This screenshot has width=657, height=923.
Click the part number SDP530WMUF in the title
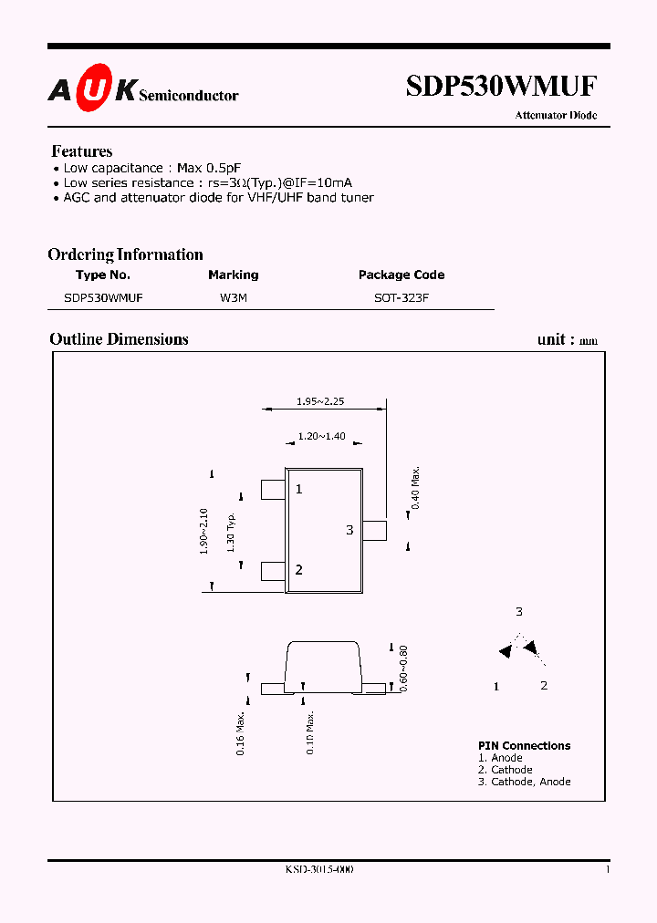click(501, 86)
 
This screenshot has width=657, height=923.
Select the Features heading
click(82, 151)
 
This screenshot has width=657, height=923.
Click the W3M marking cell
click(233, 297)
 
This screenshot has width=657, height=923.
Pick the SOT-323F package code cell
click(401, 297)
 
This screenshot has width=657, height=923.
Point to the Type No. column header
click(103, 275)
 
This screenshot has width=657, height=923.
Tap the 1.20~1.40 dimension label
click(321, 437)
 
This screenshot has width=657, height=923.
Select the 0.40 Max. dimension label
click(415, 489)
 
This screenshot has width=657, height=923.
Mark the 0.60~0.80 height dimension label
click(402, 668)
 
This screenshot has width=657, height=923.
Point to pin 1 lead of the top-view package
click(273, 490)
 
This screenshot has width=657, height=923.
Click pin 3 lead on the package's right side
click(376, 530)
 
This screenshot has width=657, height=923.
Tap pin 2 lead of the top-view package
click(273, 571)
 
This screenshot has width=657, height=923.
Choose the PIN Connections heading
click(524, 745)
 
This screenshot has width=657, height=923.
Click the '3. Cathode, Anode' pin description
click(524, 782)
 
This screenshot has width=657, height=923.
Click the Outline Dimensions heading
click(119, 339)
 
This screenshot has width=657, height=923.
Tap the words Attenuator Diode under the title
click(556, 116)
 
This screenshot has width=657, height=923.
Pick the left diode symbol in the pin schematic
click(505, 651)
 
